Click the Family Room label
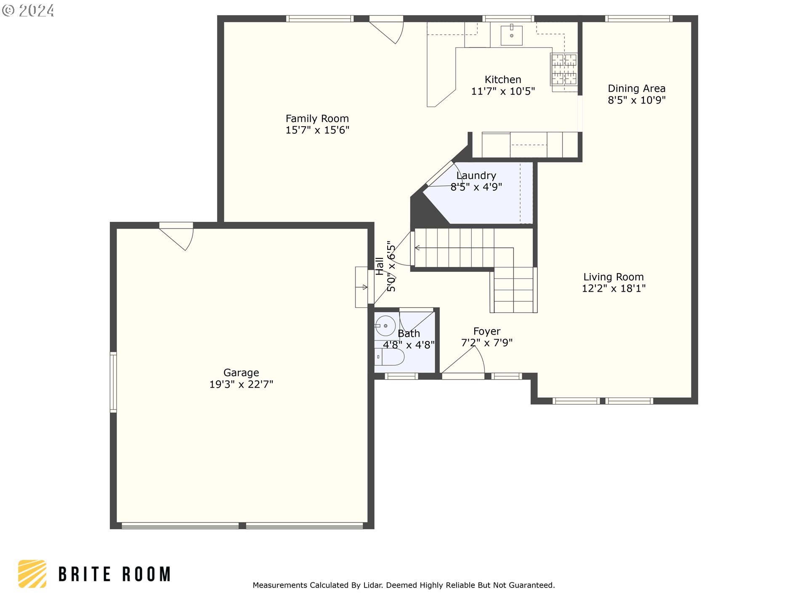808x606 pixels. pos(317,119)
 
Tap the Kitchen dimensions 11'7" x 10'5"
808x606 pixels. pos(503,91)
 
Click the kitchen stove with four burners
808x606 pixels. pos(564,69)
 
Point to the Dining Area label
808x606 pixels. pos(636,88)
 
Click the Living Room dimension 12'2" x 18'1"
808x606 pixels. pos(613,289)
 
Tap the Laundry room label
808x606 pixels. pos(476,175)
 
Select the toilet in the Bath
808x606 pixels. pos(390,357)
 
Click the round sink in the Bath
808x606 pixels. pos(385,326)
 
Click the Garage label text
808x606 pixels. pos(241,373)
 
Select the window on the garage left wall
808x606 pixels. pos(113,382)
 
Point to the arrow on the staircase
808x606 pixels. pos(417,248)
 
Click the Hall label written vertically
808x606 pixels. pos(380,266)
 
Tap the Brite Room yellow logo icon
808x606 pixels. pos(32,574)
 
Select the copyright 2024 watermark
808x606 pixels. pos(28,11)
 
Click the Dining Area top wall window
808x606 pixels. pos(638,19)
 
